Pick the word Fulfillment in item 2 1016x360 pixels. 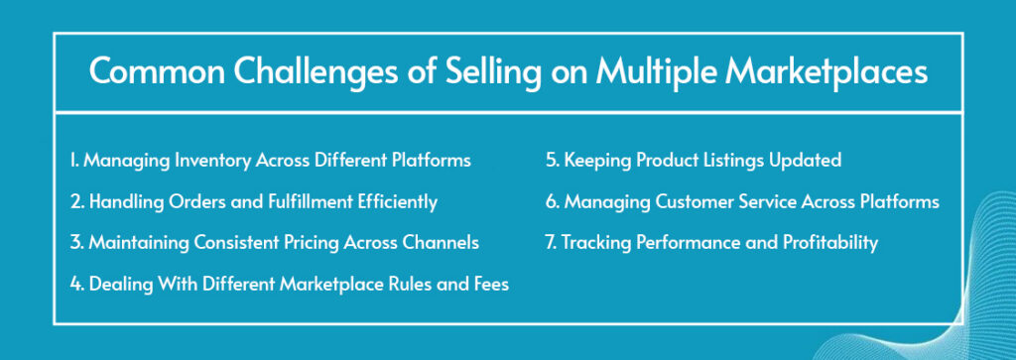pos(307,201)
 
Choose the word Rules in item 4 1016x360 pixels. pos(412,284)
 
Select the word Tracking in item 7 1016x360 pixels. pos(595,243)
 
